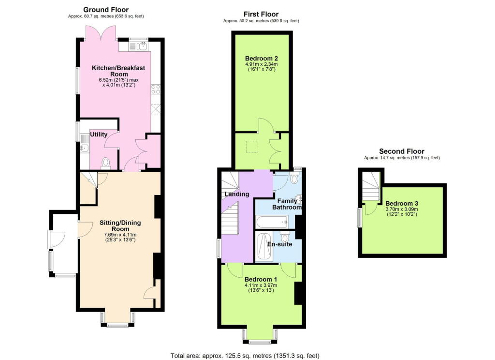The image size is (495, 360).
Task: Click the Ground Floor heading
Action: coord(106,9)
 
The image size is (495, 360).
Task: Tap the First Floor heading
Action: coord(262,14)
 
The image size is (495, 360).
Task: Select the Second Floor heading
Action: coord(402,151)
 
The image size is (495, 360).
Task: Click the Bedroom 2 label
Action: coord(261,58)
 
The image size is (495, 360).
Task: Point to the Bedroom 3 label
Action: coord(401,203)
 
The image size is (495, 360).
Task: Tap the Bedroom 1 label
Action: coord(261,279)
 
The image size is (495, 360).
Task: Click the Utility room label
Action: coord(98,134)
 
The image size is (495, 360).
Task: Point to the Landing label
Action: coord(236,194)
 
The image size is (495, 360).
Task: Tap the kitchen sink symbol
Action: coord(142,46)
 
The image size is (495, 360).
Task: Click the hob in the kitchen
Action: coord(156,89)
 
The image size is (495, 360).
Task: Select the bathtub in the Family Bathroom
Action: coord(274,222)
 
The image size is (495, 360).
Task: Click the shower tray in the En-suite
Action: coord(264,247)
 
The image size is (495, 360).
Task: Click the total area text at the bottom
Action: coord(245,356)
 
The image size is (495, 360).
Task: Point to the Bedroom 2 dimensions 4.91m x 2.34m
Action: coord(261,64)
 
